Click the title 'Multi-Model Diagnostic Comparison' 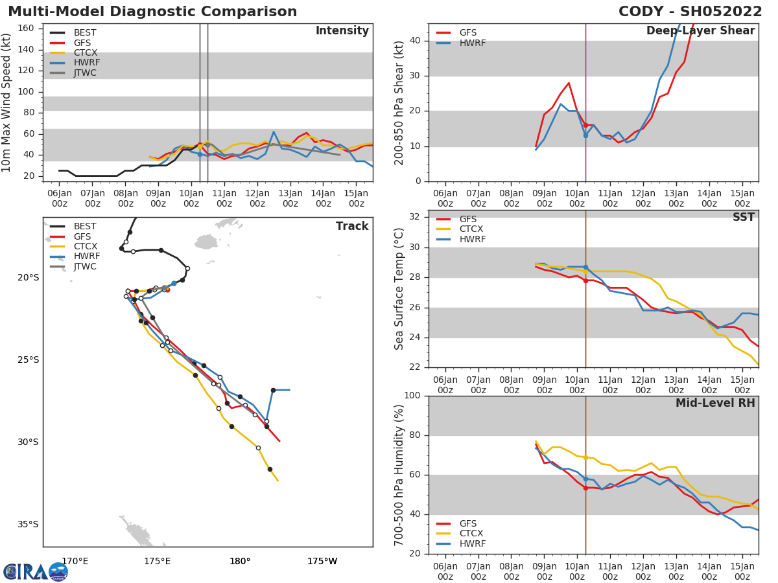pyautogui.click(x=152, y=12)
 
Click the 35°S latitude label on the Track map pyautogui.click(x=27, y=524)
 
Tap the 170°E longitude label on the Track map pyautogui.click(x=75, y=561)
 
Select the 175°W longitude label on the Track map pyautogui.click(x=322, y=561)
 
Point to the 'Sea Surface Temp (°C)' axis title pyautogui.click(x=399, y=289)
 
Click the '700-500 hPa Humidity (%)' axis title pyautogui.click(x=399, y=474)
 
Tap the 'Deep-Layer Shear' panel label pyautogui.click(x=700, y=31)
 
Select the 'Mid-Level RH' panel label pyautogui.click(x=715, y=403)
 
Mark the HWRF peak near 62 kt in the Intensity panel pyautogui.click(x=274, y=131)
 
